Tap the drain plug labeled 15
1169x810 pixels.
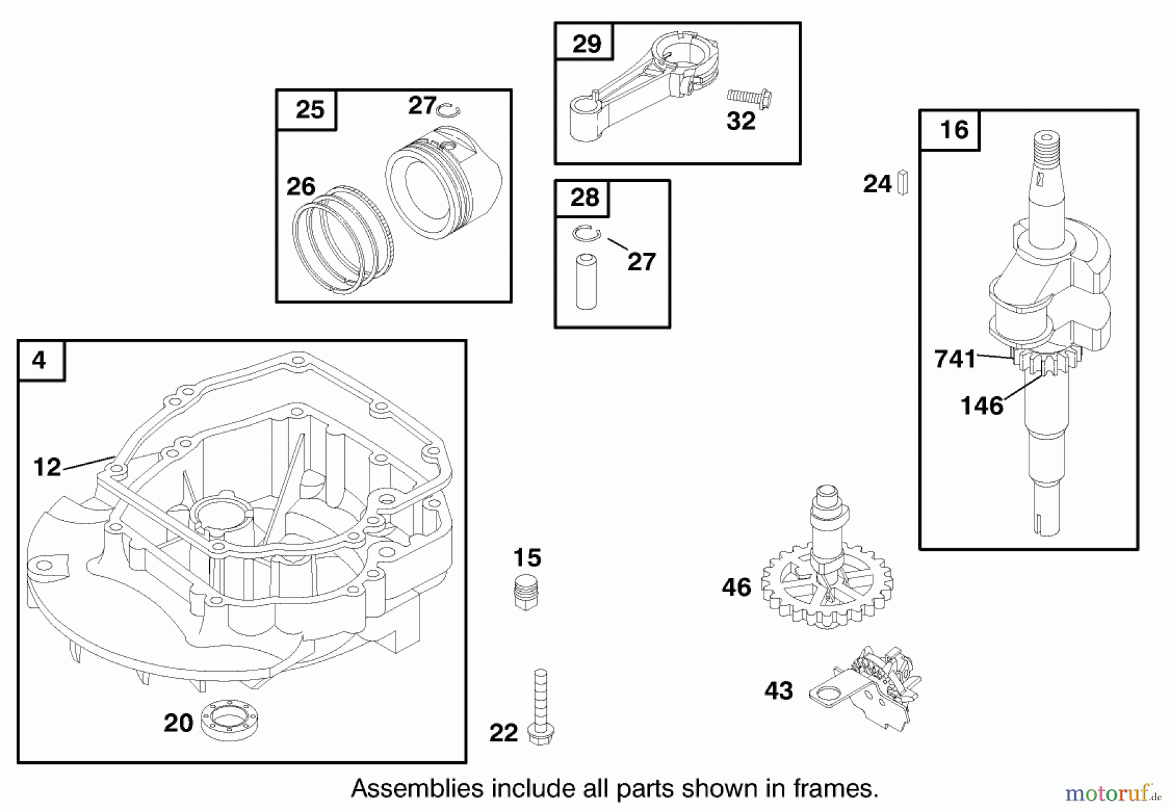coord(526,591)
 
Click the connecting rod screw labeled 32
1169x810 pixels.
coord(748,98)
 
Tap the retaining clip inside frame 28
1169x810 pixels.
coord(587,233)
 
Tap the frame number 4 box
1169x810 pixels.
coord(41,361)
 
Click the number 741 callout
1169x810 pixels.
coord(955,359)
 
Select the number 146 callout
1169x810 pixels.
coord(981,406)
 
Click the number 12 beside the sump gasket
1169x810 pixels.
coord(47,466)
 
